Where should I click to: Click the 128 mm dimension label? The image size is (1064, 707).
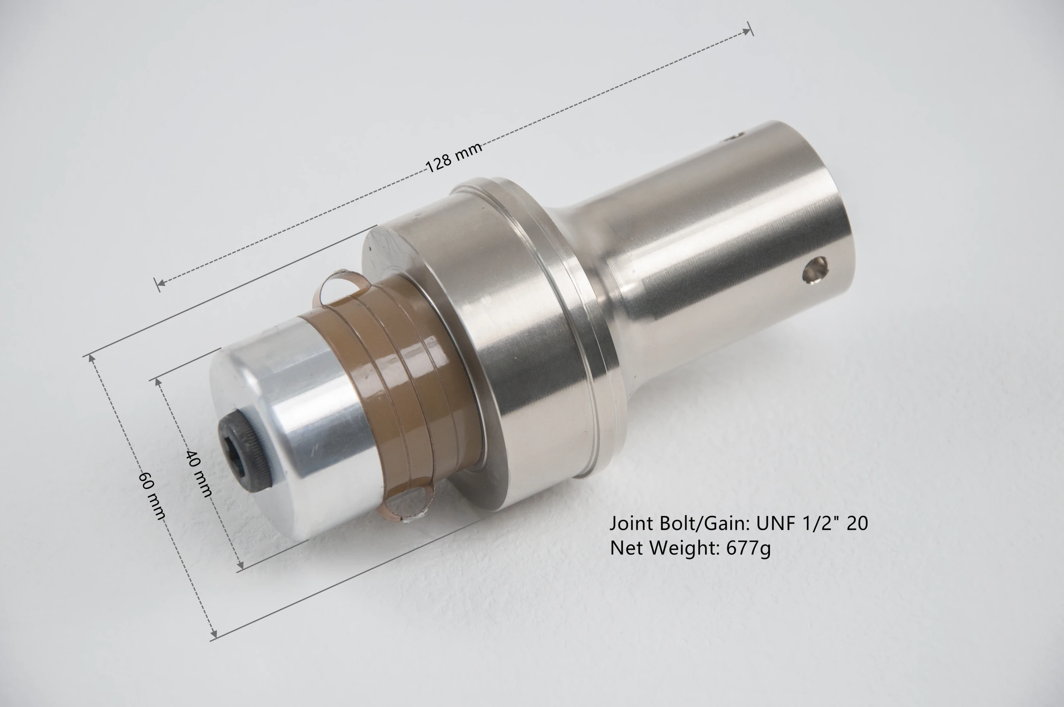point(454,157)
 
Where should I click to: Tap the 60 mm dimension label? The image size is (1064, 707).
point(152,495)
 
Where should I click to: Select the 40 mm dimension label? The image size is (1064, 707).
point(199,473)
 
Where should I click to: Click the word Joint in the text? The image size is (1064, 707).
point(632,524)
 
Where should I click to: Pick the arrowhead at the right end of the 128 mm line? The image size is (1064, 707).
point(748,31)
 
